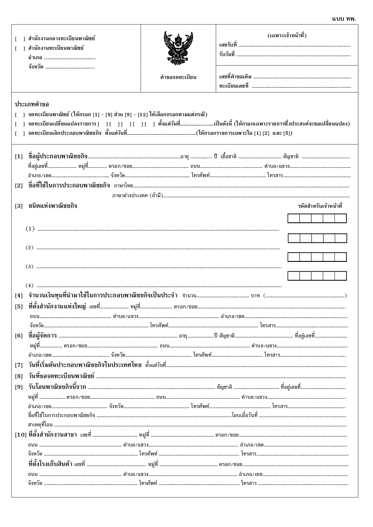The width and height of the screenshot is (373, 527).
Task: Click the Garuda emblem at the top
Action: pyautogui.click(x=178, y=47)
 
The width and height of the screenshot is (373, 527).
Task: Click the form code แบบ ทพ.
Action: pyautogui.click(x=344, y=19)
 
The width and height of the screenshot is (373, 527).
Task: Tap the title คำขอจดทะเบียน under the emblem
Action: pyautogui.click(x=178, y=77)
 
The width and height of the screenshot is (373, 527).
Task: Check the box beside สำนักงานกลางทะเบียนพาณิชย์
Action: pyautogui.click(x=20, y=39)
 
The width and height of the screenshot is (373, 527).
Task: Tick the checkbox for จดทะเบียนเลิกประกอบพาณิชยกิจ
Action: pyautogui.click(x=20, y=133)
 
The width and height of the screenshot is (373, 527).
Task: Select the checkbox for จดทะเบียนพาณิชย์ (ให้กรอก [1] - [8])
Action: pyautogui.click(x=20, y=115)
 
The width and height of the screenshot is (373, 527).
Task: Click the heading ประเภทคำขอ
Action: pyautogui.click(x=32, y=104)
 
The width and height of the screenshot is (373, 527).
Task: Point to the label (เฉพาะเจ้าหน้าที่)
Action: pyautogui.click(x=287, y=35)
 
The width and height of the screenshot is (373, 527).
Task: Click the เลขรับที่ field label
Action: pyautogui.click(x=228, y=45)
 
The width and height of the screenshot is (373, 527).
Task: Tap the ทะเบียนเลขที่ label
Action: pyautogui.click(x=234, y=86)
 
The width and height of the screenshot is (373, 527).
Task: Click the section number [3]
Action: pyautogui.click(x=19, y=206)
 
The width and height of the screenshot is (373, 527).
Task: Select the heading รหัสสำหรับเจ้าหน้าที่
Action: pyautogui.click(x=320, y=206)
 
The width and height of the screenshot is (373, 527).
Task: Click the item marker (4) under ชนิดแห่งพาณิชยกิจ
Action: pyautogui.click(x=29, y=285)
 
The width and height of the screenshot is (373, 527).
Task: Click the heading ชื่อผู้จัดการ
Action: pyautogui.click(x=42, y=335)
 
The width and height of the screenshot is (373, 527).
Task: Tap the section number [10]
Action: pyautogui.click(x=20, y=435)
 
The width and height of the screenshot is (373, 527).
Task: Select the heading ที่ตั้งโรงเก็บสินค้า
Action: pyautogui.click(x=50, y=464)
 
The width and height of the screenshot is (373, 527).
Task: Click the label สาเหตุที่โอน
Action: pyautogui.click(x=40, y=425)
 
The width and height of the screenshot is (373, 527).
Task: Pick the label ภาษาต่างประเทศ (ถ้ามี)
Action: pyautogui.click(x=137, y=196)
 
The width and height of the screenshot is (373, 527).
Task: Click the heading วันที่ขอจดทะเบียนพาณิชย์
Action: pyautogui.click(x=61, y=376)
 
